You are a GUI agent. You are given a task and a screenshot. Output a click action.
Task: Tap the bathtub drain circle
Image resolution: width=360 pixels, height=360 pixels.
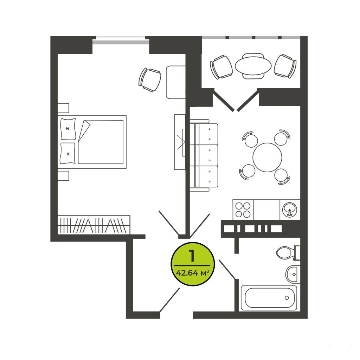287,298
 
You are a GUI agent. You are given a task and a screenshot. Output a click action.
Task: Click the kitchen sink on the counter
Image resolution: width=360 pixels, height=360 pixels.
290,210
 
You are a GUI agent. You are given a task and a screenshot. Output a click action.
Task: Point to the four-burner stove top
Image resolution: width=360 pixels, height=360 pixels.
243,210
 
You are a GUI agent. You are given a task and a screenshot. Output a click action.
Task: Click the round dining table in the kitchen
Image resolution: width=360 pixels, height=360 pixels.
267,157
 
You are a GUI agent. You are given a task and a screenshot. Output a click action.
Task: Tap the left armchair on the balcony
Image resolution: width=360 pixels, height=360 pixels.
221,67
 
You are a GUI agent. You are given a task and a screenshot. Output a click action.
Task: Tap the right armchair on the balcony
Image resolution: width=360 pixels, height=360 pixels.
285,66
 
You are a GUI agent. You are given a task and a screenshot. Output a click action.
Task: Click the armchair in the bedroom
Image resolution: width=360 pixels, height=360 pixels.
150,80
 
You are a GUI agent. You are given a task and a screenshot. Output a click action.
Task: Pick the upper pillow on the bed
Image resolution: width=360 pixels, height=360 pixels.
68,129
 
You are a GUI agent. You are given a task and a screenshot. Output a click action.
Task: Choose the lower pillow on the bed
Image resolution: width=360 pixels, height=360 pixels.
68,154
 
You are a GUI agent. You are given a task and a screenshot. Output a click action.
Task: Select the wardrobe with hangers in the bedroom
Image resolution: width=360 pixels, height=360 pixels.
94,225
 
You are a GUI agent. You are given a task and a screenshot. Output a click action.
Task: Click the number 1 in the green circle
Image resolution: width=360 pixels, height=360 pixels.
192,256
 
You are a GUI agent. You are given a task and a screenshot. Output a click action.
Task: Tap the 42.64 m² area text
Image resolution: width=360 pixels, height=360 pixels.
192,273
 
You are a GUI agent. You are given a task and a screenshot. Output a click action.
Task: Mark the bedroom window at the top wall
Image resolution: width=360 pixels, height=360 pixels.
121,40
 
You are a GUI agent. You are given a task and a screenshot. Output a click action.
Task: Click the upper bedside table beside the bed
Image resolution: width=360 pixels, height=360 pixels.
63,108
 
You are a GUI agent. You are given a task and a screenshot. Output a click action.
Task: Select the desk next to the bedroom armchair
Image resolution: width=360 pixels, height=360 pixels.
176,82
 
